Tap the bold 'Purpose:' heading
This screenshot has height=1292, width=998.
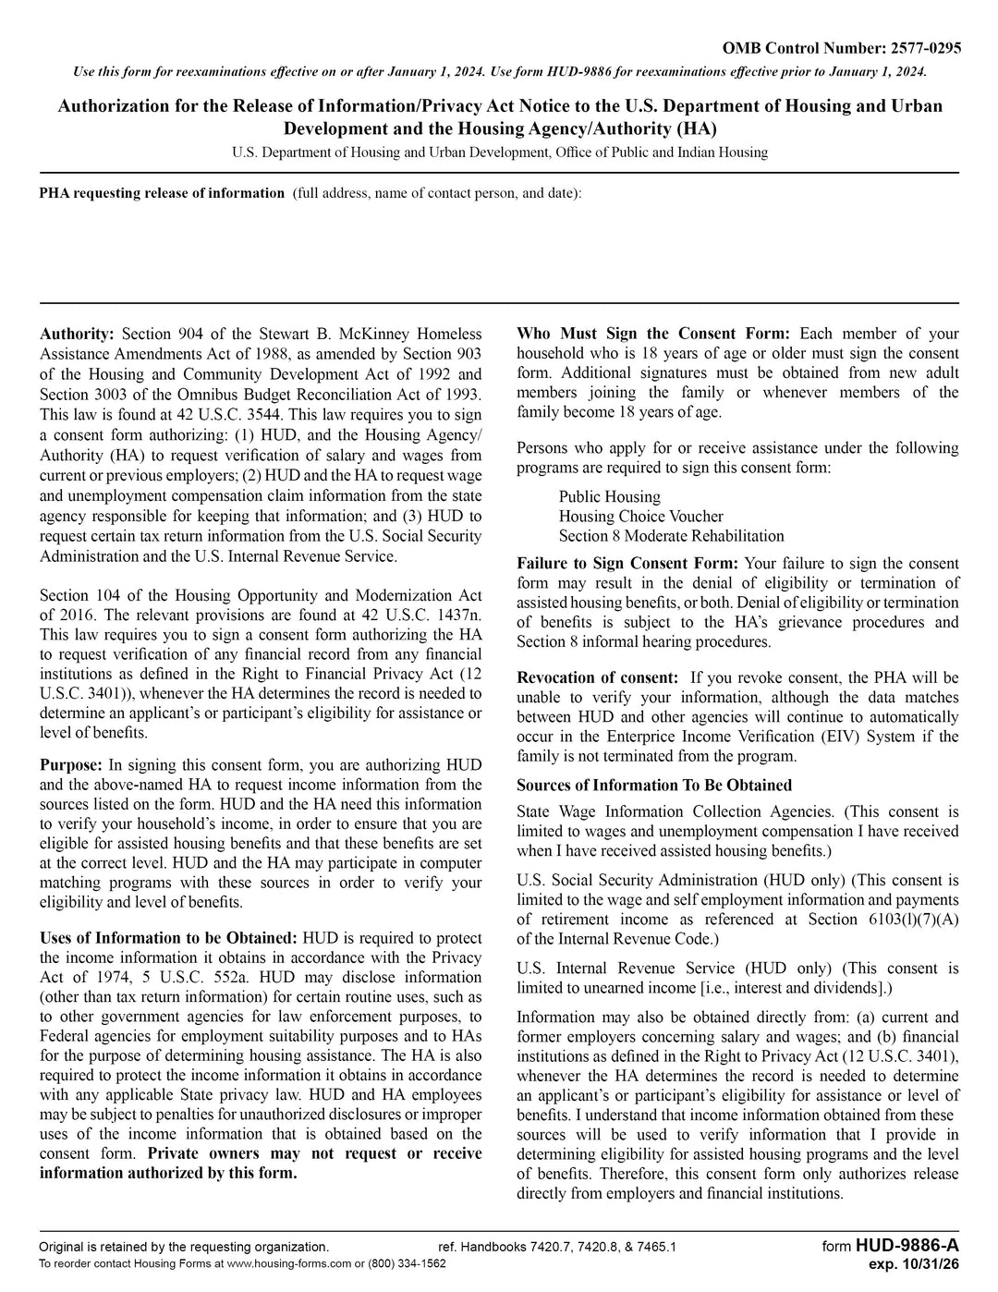click(71, 765)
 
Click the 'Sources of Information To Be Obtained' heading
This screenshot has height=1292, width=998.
click(654, 786)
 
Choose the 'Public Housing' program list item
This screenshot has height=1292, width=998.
click(610, 497)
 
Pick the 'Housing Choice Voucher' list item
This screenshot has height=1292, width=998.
click(640, 517)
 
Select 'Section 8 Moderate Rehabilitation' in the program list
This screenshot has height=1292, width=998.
click(671, 536)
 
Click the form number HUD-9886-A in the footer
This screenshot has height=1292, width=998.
click(907, 1246)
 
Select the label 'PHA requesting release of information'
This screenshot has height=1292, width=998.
click(162, 193)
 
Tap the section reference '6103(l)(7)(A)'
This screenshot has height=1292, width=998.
click(914, 920)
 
